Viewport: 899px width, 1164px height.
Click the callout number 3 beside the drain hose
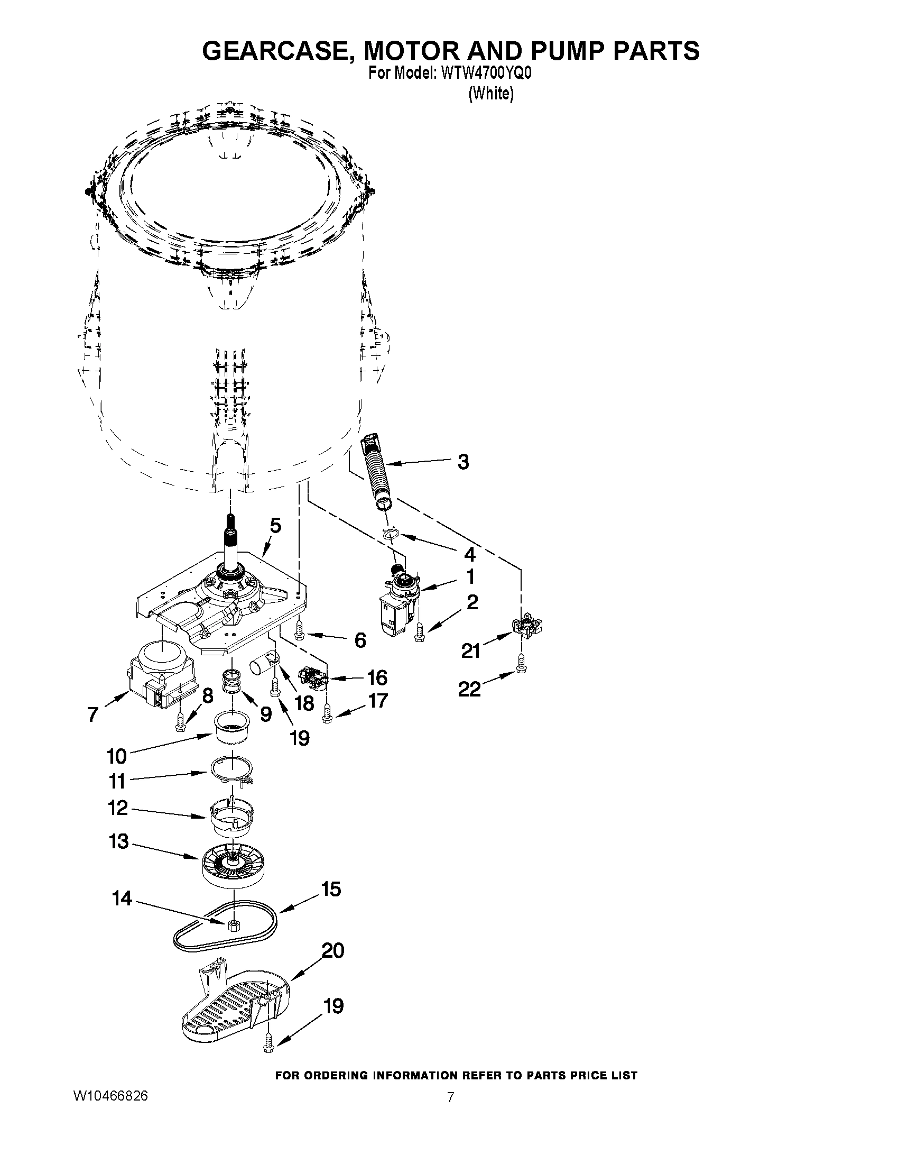463,462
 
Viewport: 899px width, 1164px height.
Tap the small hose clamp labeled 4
392,533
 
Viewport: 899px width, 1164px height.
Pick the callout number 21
471,651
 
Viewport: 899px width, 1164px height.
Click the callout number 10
117,756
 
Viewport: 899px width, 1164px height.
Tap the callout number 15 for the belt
331,889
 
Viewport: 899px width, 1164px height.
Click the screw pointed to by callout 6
299,630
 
